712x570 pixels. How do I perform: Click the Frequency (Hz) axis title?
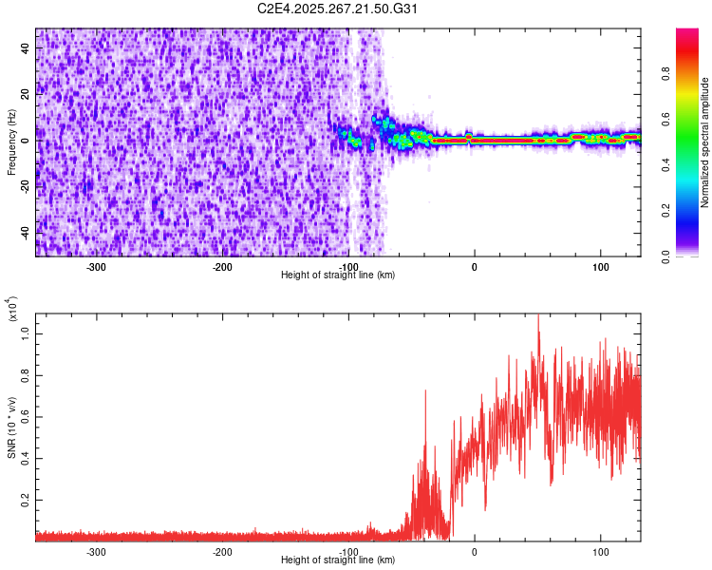12,142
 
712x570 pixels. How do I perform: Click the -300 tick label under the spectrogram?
96,268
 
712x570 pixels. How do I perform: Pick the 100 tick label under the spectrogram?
600,268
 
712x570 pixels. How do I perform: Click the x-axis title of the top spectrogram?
338,275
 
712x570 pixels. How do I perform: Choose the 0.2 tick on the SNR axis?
26,499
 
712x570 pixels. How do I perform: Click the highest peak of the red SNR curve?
538,316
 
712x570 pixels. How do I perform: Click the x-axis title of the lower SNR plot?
338,560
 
